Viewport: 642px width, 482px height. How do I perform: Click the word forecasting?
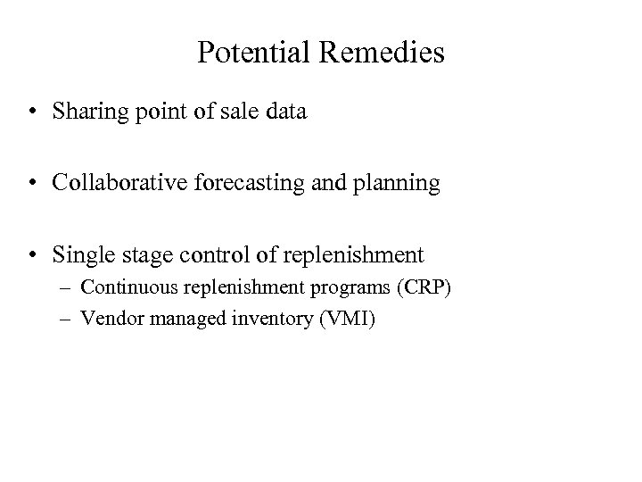267,184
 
